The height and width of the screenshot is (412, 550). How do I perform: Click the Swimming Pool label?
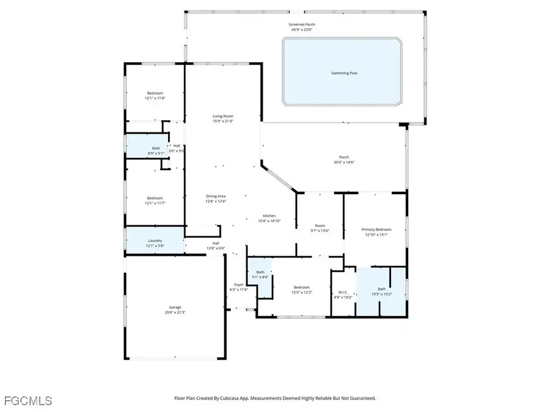(x=344, y=73)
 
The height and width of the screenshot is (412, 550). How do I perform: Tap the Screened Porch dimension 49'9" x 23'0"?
(x=301, y=29)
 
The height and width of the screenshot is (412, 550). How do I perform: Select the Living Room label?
(x=223, y=116)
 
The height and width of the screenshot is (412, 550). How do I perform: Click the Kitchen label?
(x=269, y=216)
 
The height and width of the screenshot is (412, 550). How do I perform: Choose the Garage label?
(x=175, y=307)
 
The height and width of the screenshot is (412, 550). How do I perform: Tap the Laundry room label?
(x=155, y=240)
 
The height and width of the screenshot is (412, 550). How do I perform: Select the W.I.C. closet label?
(x=343, y=291)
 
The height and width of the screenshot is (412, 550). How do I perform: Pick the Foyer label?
(x=238, y=284)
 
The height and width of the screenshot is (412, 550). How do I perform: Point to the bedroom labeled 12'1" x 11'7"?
(x=155, y=200)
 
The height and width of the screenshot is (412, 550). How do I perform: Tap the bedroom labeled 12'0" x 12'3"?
(x=301, y=290)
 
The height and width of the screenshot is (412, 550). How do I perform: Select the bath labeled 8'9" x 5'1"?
(x=156, y=150)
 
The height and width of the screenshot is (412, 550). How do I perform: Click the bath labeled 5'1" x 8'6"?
(x=260, y=274)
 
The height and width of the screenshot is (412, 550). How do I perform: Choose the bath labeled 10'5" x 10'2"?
(x=382, y=291)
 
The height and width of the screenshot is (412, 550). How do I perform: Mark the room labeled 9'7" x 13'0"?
(x=320, y=228)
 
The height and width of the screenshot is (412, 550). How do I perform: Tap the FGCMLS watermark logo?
(x=28, y=401)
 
